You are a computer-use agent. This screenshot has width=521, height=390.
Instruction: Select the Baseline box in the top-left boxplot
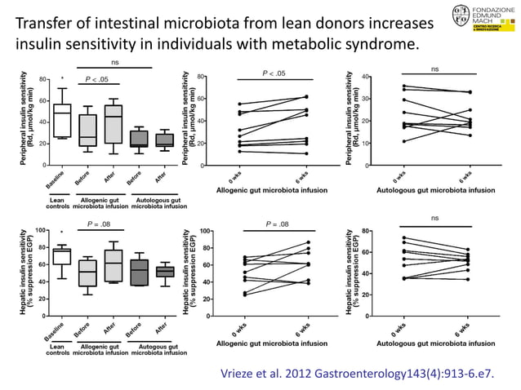coord(61,121)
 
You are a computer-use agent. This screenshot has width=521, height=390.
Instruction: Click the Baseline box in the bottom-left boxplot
coord(61,257)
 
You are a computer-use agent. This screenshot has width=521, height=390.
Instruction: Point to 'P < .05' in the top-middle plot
coord(274,73)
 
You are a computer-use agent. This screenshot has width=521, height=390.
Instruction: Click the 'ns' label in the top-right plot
coord(434,70)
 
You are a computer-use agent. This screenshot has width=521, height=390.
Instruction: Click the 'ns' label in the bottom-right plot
coord(434,218)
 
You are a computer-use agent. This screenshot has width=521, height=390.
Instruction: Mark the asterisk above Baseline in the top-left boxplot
coord(62,80)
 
